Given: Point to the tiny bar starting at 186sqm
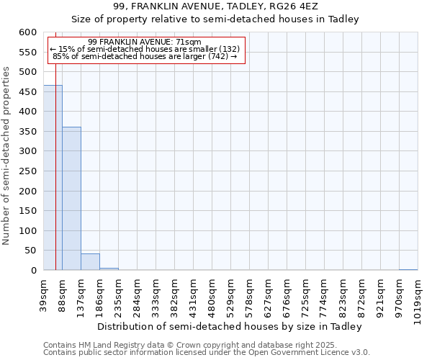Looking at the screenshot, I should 109,269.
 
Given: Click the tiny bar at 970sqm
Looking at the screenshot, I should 408,269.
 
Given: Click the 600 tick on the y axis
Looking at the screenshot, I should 27,32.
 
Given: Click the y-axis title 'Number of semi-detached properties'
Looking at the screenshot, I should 7,156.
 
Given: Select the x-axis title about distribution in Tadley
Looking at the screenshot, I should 229,326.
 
